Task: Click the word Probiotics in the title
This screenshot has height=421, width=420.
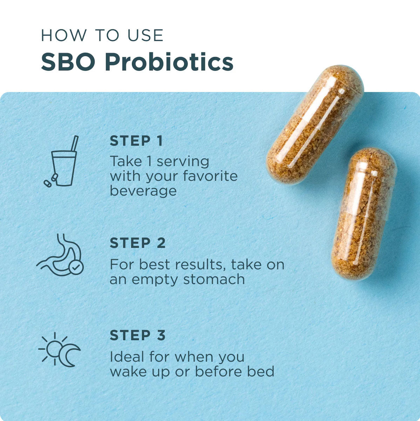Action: pyautogui.click(x=169, y=63)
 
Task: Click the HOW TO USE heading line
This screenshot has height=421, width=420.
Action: pyautogui.click(x=102, y=35)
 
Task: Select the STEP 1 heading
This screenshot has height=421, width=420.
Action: pyautogui.click(x=136, y=141)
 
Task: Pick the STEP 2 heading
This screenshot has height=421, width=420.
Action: pyautogui.click(x=137, y=243)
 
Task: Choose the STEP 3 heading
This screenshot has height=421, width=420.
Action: pyautogui.click(x=137, y=335)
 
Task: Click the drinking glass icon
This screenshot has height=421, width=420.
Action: pyautogui.click(x=63, y=168)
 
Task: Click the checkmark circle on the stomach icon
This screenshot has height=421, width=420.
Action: pyautogui.click(x=76, y=267)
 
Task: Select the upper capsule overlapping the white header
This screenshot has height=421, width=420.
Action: pyautogui.click(x=314, y=125)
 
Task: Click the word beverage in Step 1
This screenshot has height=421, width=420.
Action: pyautogui.click(x=143, y=191)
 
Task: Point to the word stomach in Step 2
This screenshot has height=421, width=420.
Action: pyautogui.click(x=214, y=279)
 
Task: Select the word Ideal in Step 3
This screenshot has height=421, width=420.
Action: pyautogui.click(x=127, y=357)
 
